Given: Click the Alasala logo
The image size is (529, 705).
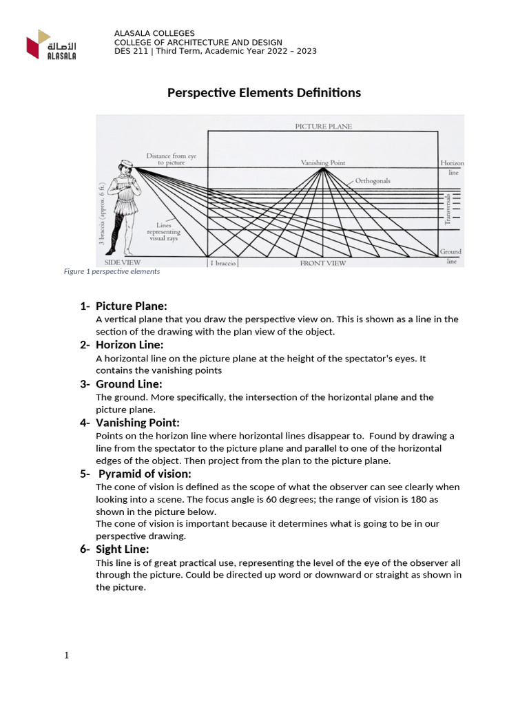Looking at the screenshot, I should (x=52, y=45).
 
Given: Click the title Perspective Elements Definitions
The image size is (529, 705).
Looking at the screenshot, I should (x=264, y=93).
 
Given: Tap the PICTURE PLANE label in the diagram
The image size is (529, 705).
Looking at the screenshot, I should (x=323, y=127).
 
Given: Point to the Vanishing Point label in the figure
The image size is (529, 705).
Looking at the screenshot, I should (x=323, y=163).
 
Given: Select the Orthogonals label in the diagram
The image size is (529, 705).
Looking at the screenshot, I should (x=373, y=181).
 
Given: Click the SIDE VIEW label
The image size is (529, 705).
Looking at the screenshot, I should (x=122, y=262).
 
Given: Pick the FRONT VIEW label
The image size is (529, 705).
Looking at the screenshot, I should (x=322, y=263).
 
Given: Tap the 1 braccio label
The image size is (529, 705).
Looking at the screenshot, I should (x=222, y=263).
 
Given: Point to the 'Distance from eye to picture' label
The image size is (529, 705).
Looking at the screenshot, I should (x=171, y=159).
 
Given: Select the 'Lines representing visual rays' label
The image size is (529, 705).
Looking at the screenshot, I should (x=163, y=232).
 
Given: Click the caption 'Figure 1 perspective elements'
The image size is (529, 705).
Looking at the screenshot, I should (x=112, y=271).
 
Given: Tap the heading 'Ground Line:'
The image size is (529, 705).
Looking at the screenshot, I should (x=129, y=383).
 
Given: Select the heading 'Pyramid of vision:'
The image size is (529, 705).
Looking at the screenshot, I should (x=145, y=474).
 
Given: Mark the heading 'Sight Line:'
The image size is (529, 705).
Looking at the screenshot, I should (x=122, y=549).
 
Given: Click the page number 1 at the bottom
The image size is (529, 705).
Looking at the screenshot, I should (x=67, y=655).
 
